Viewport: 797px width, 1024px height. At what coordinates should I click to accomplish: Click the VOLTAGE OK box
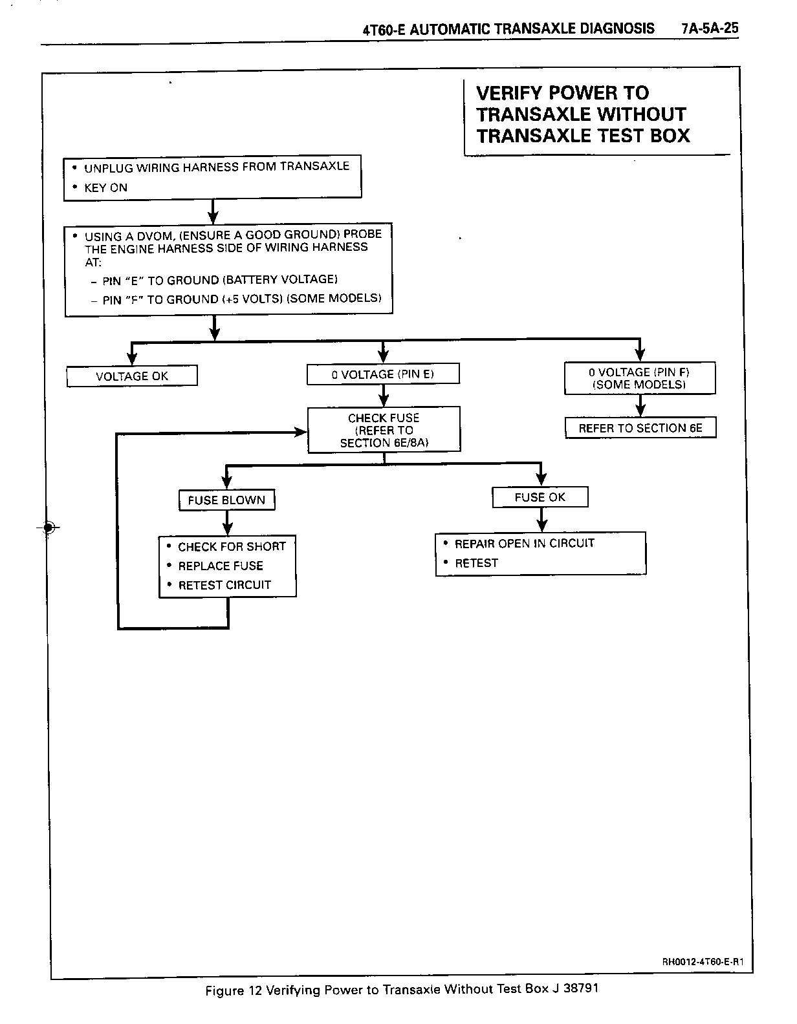pyautogui.click(x=132, y=376)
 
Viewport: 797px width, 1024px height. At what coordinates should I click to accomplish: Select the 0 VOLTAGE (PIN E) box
pyautogui.click(x=383, y=374)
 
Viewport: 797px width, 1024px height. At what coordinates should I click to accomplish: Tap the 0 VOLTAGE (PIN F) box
pyautogui.click(x=639, y=378)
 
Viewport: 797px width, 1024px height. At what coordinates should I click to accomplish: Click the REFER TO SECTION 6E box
pyautogui.click(x=640, y=428)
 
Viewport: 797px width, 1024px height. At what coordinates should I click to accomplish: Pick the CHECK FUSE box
pyautogui.click(x=384, y=430)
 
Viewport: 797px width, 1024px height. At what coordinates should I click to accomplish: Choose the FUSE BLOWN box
pyautogui.click(x=226, y=500)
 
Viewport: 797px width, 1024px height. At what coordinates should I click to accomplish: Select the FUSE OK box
pyautogui.click(x=540, y=497)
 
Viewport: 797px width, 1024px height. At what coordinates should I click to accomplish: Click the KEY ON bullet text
pyautogui.click(x=105, y=188)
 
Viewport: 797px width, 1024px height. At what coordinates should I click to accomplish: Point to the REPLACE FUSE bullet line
pyautogui.click(x=221, y=566)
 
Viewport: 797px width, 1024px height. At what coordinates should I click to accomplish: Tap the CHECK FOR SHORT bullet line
pyautogui.click(x=232, y=546)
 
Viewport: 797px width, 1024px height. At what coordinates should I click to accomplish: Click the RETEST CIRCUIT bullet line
pyautogui.click(x=224, y=585)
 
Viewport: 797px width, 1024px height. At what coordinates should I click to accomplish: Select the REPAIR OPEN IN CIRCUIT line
pyautogui.click(x=524, y=544)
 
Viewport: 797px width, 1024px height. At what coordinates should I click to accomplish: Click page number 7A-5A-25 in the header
pyautogui.click(x=710, y=29)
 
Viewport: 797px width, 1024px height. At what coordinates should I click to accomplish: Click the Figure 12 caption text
pyautogui.click(x=401, y=990)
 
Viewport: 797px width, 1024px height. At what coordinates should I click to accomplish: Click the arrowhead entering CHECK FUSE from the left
pyautogui.click(x=301, y=432)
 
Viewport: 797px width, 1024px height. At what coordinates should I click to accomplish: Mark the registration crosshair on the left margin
pyautogui.click(x=48, y=528)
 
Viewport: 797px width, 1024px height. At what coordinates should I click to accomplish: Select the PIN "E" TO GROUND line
pyautogui.click(x=220, y=280)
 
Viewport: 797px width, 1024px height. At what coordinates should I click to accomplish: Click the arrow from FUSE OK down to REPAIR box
pyautogui.click(x=542, y=520)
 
